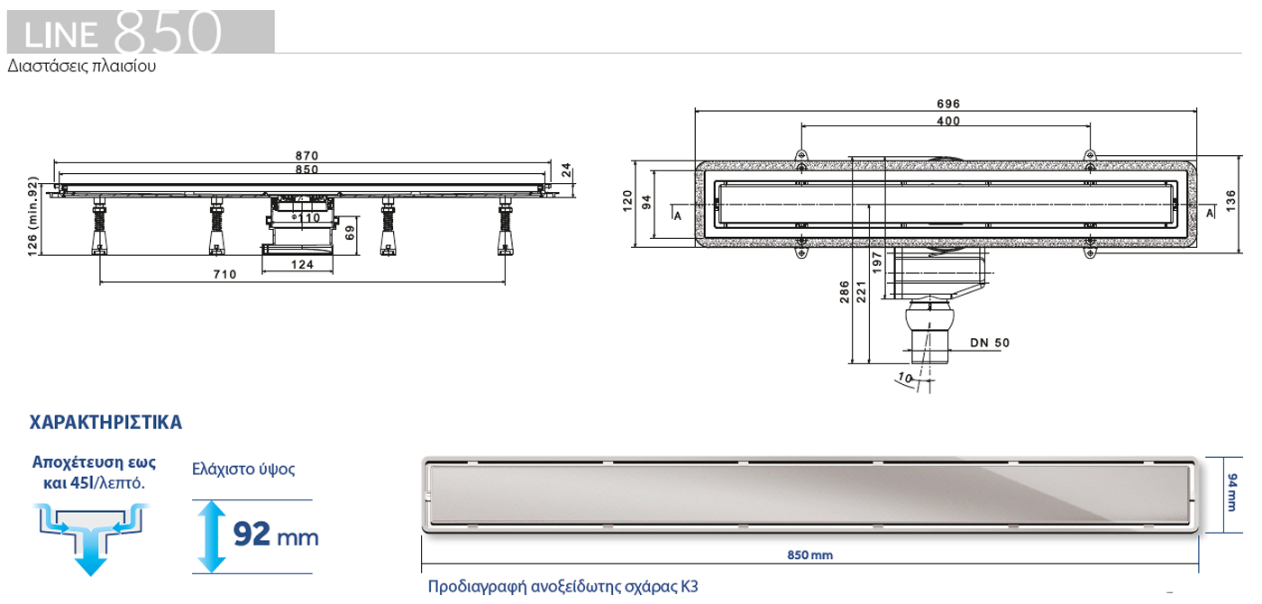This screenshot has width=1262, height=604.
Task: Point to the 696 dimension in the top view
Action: (x=947, y=104)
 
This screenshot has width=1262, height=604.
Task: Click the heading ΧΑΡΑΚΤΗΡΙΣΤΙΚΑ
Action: (x=106, y=421)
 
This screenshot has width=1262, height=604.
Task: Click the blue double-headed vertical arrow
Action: (x=211, y=535)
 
